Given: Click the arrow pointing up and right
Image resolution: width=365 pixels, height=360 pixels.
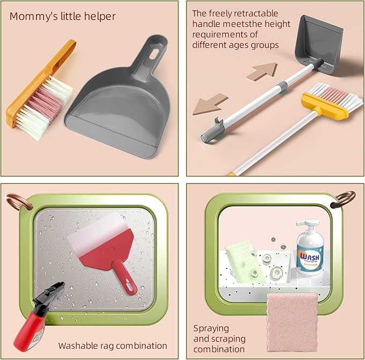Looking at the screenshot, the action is point(262,71).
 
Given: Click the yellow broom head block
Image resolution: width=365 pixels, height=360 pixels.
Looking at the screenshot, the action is point(325,105).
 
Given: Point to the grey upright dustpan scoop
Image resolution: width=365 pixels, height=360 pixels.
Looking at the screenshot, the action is point(319,43).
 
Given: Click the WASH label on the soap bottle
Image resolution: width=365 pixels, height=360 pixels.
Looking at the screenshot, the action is point(310,257).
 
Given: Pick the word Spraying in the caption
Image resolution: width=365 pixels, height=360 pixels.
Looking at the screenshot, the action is point(211,329).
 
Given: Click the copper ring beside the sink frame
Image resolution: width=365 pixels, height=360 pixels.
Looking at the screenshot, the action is point(343,199).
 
